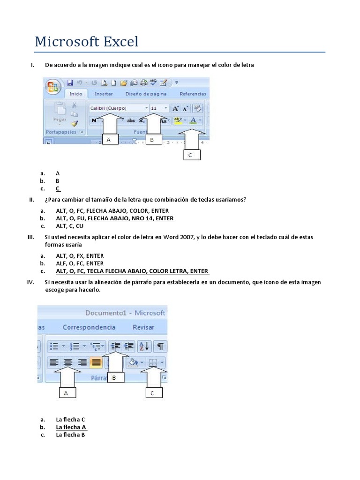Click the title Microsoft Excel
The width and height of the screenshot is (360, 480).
[87, 42]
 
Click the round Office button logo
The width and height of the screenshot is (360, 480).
[52, 88]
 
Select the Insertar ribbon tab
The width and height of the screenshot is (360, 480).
[104, 94]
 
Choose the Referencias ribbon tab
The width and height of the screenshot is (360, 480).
[192, 94]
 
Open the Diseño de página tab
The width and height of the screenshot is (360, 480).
[146, 94]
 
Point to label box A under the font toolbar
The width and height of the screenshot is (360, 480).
[109, 140]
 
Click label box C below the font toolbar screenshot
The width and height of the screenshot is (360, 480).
[190, 155]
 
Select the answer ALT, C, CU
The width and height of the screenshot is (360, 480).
[69, 226]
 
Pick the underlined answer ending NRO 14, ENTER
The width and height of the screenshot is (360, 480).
[115, 218]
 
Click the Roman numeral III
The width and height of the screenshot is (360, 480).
[31, 237]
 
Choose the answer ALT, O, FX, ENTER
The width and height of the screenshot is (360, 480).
[80, 256]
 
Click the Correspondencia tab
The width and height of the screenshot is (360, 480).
[89, 327]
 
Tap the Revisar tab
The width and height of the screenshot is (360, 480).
[143, 327]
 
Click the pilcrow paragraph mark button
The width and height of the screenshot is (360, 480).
[160, 346]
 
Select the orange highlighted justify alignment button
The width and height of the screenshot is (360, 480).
[97, 362]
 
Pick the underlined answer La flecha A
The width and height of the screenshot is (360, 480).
[71, 427]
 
